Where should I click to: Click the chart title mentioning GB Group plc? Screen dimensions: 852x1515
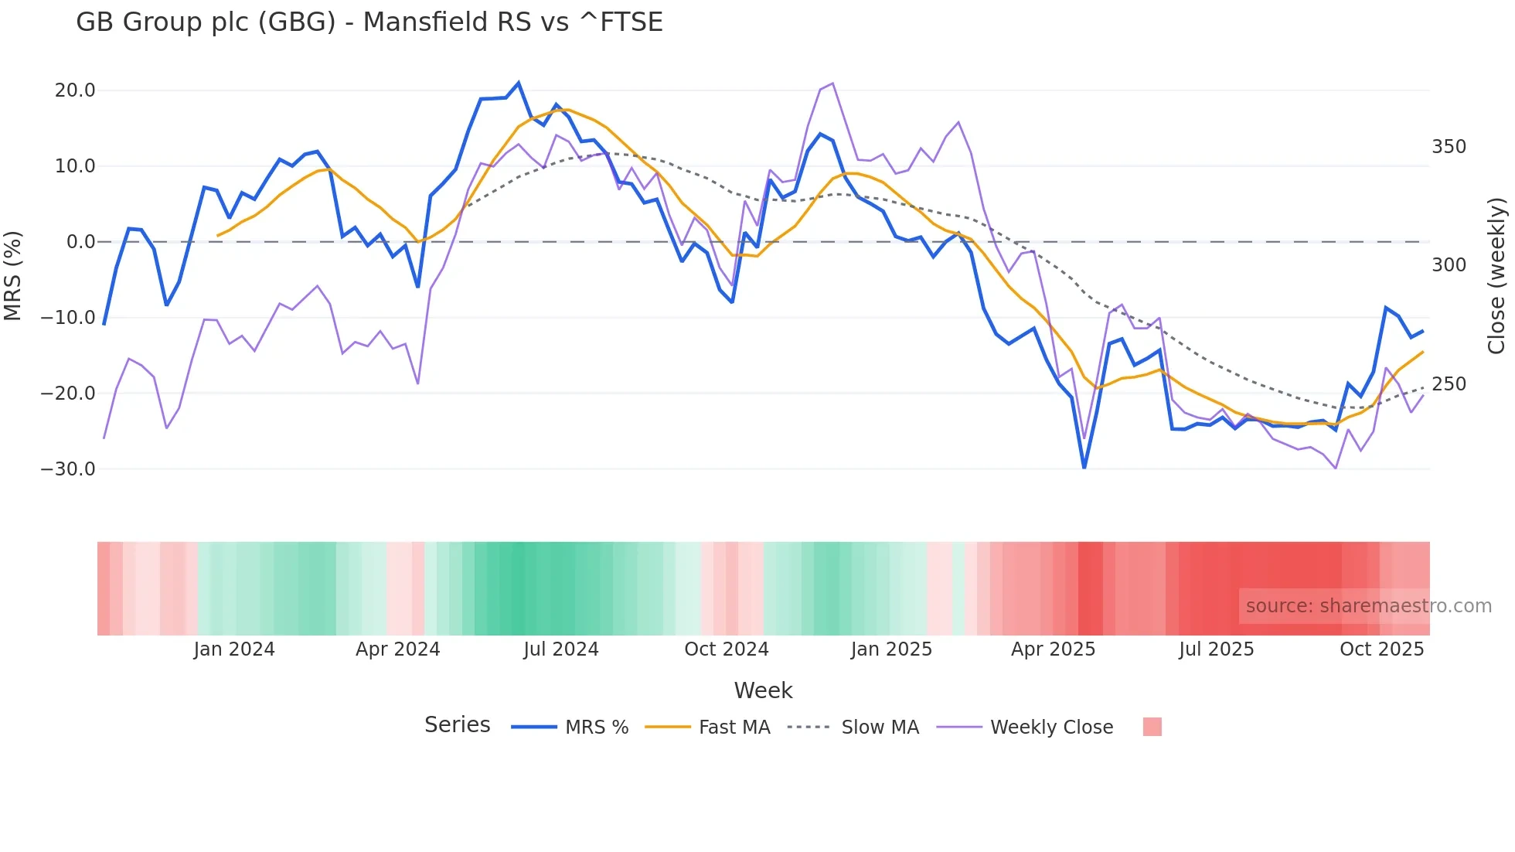pos(369,22)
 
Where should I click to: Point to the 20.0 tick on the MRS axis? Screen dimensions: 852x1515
pos(75,90)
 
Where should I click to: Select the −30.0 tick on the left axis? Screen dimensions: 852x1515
pos(68,469)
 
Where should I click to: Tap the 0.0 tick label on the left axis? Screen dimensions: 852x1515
pos(80,242)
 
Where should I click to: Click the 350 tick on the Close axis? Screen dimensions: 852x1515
pos(1449,147)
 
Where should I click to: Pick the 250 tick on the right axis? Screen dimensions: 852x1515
pos(1449,384)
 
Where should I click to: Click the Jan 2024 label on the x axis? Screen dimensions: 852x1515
pos(233,649)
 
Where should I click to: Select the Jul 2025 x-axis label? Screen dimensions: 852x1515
pos(1216,649)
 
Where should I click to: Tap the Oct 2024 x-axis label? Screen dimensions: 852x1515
pos(726,649)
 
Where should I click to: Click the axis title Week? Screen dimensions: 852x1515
pos(763,690)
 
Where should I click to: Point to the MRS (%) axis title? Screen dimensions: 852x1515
pos(13,276)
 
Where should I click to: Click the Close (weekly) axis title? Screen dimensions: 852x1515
pos(1497,276)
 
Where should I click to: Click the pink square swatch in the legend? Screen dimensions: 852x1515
pos(1152,727)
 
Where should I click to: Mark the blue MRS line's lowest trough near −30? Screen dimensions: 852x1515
pos(1084,467)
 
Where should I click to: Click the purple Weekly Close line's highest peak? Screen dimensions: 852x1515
pos(832,83)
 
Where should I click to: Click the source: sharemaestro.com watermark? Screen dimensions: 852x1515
pos(1368,606)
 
